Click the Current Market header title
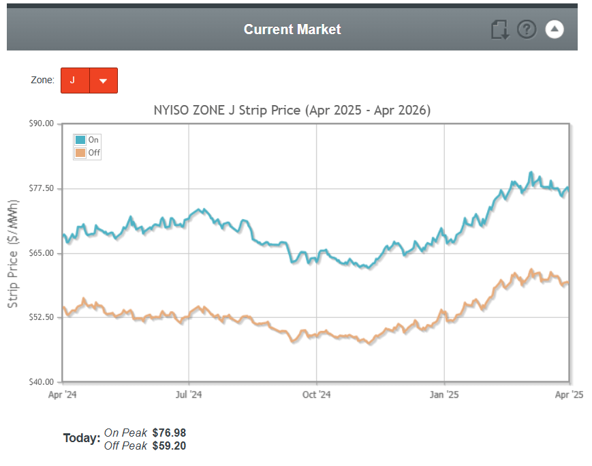(292, 29)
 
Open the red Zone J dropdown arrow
(104, 81)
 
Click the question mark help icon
(527, 29)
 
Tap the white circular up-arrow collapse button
(555, 29)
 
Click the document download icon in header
(499, 30)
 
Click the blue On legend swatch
(80, 140)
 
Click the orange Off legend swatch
(80, 153)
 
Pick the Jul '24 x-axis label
(189, 394)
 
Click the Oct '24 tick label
(316, 394)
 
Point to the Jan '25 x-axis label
(444, 394)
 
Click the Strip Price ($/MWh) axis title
(13, 253)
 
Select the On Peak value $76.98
(169, 433)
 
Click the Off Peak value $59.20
(169, 446)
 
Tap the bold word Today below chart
(81, 438)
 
